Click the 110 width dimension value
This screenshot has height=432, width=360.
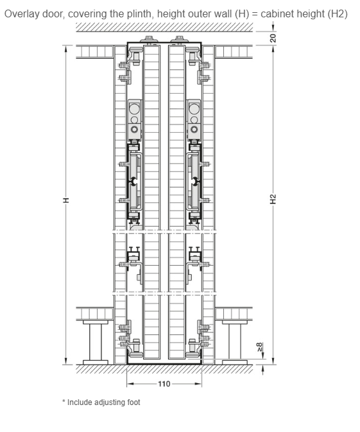click(x=164, y=384)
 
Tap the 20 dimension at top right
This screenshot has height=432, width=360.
click(x=273, y=38)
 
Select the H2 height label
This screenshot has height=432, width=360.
click(x=273, y=199)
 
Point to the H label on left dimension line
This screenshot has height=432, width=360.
click(x=66, y=200)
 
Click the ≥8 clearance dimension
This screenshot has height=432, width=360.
click(x=260, y=347)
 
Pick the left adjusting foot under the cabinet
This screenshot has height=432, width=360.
click(x=96, y=341)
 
